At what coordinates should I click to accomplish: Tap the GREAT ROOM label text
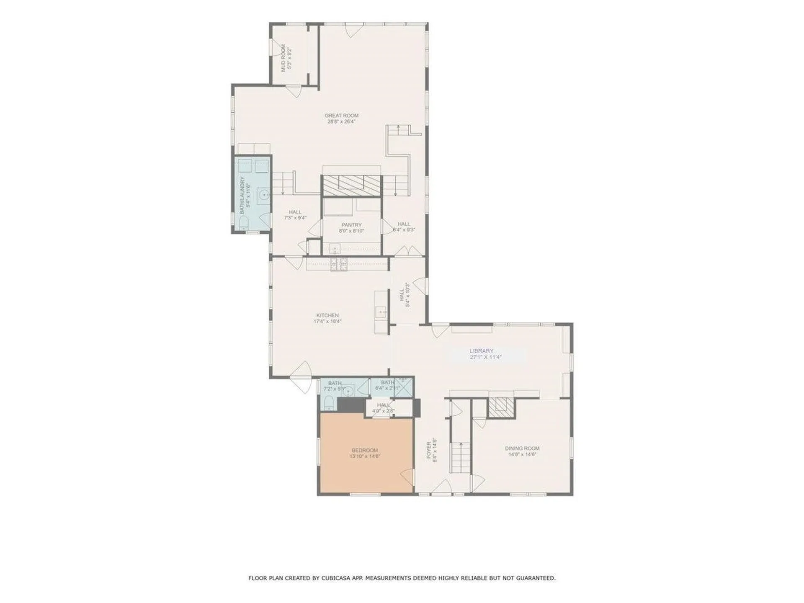coord(342,116)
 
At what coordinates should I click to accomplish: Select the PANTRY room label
coord(351,225)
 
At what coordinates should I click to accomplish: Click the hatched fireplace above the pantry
coord(352,185)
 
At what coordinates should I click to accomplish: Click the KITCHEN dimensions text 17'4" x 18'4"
coord(328,322)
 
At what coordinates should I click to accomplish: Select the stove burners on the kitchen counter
coord(339,264)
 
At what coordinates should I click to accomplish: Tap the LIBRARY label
coord(482,351)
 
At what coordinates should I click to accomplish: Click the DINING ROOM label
coord(522,448)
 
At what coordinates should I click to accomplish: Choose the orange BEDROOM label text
coord(365,450)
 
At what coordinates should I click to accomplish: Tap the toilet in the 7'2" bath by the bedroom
coord(329,404)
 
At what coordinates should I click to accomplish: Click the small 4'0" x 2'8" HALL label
coord(383,405)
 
